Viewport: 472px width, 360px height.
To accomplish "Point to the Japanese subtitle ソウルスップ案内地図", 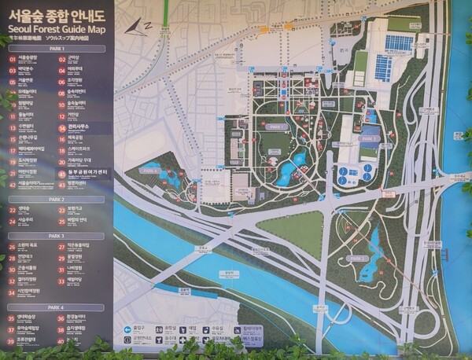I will tap(82, 37).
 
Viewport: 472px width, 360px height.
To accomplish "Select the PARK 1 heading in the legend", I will tap(57, 48).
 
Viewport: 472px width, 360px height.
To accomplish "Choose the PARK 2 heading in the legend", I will tap(57, 200).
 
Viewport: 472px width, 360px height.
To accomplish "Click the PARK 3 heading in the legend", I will tap(57, 235).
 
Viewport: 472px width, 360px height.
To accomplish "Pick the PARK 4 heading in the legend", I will tap(57, 307).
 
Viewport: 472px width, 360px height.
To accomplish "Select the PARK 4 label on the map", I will tap(358, 258).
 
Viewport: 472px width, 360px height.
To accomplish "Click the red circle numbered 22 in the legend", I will tap(12, 210).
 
